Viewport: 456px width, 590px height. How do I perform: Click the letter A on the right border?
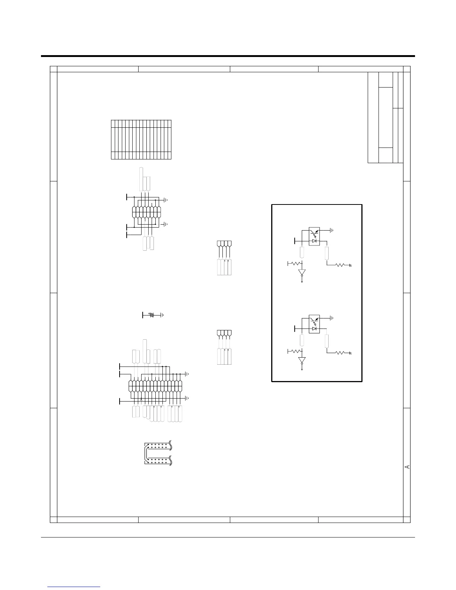407,467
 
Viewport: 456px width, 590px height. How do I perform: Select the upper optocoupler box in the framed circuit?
314,236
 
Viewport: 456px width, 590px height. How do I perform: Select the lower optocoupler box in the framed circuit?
314,324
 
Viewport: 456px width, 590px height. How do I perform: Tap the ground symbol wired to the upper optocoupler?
331,230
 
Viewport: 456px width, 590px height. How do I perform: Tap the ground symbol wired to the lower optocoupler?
331,318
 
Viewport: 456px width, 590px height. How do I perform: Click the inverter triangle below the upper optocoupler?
302,272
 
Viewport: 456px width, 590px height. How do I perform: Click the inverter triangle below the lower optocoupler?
302,360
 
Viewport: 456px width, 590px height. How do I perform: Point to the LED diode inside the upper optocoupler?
314,241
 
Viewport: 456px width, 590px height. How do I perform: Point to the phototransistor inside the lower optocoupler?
314,319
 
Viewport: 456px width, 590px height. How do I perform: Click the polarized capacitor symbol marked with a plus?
152,315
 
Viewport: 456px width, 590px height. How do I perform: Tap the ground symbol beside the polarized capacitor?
162,315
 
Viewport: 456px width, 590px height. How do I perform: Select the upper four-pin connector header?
224,244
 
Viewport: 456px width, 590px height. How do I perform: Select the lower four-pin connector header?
224,333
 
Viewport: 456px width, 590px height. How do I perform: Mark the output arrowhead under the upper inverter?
302,282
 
